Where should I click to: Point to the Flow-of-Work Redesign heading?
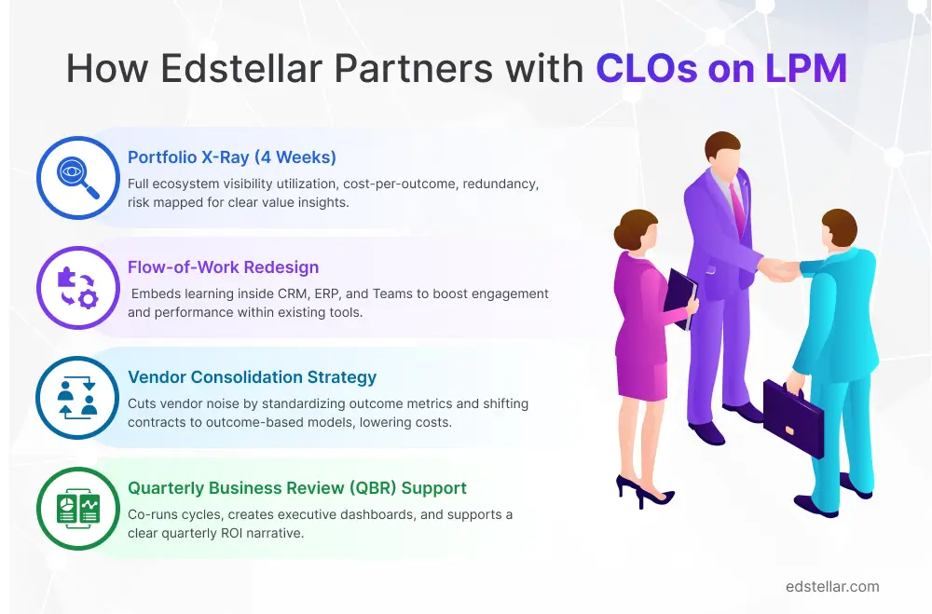point(223,267)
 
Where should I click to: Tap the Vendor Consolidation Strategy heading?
point(252,377)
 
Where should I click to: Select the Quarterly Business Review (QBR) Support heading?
point(296,488)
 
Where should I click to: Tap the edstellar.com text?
point(832,586)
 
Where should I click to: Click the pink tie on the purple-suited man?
point(738,209)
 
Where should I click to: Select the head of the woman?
point(632,226)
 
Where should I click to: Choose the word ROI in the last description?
point(267,533)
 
